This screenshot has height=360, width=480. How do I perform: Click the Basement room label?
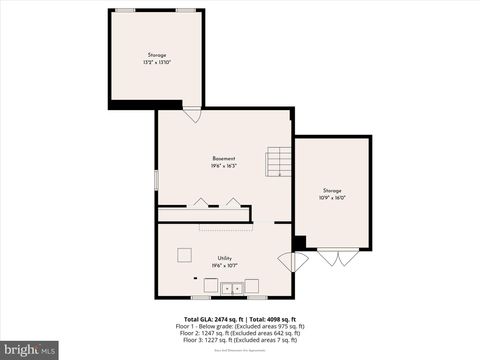pyautogui.click(x=223, y=159)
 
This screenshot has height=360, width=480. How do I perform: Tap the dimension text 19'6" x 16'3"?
pyautogui.click(x=223, y=166)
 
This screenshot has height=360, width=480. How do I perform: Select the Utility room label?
pyautogui.click(x=224, y=258)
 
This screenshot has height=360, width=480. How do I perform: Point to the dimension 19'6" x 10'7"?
pyautogui.click(x=224, y=265)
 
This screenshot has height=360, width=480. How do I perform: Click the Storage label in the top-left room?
pyautogui.click(x=157, y=55)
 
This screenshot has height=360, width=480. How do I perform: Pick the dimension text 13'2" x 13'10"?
pyautogui.click(x=157, y=62)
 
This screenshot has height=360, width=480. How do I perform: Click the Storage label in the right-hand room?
pyautogui.click(x=332, y=190)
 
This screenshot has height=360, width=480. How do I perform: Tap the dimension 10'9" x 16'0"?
pyautogui.click(x=332, y=197)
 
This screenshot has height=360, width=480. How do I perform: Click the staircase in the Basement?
pyautogui.click(x=279, y=161)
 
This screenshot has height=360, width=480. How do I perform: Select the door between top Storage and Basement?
pyautogui.click(x=191, y=114)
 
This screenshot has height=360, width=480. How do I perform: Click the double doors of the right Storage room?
pyautogui.click(x=336, y=258)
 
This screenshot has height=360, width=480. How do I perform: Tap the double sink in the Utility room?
pyautogui.click(x=232, y=289)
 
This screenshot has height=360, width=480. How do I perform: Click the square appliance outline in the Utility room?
pyautogui.click(x=185, y=253)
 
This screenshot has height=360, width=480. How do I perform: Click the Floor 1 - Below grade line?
pyautogui.click(x=240, y=326)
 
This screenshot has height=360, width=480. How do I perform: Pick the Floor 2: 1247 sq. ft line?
pyautogui.click(x=240, y=333)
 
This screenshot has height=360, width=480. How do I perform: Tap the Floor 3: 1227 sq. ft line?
pyautogui.click(x=240, y=340)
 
